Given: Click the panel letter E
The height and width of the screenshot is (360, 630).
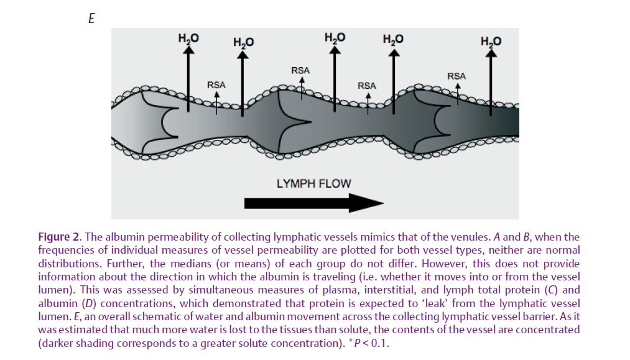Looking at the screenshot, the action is tap(91, 19).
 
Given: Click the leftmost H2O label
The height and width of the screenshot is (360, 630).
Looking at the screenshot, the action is tap(188, 39).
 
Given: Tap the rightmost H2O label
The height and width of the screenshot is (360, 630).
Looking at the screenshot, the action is tap(491, 42).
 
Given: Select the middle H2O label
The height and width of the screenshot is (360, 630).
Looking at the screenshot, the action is tap(335, 38).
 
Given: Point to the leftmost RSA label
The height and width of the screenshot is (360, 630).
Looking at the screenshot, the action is tap(216, 85).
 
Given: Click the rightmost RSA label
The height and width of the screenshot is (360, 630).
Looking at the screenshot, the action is tap(457, 76).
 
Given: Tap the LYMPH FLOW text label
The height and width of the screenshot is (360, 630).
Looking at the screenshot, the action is tap(314, 183).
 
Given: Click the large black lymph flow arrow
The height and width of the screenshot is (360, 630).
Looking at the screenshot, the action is tap(314, 203).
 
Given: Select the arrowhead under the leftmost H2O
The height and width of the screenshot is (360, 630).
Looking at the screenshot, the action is tap(188, 50).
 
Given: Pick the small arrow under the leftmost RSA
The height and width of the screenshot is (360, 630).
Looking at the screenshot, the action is tap(216, 103).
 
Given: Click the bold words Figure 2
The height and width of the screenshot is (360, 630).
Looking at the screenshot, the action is tap(60, 237).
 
